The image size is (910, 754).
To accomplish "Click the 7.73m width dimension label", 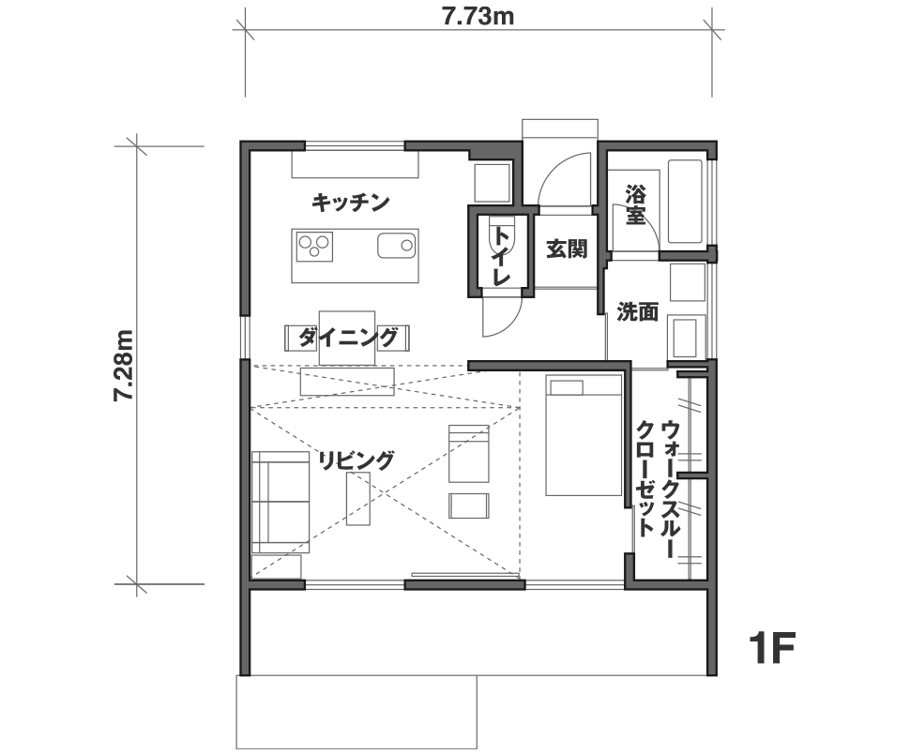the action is tap(478, 17).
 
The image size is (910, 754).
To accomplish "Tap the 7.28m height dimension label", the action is tap(124, 366).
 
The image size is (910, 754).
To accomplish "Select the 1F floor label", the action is tap(771, 648).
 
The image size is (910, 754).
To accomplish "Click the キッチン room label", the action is tap(351, 203).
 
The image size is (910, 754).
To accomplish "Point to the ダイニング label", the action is tap(348, 337).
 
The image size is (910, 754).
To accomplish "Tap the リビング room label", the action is tap(356, 460).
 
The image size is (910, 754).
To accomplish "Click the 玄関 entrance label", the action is tap(567, 249).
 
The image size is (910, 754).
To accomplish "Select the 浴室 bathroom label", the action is tap(635, 204).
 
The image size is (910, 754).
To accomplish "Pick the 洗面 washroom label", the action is tap(637, 312).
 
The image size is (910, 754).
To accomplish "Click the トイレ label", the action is tap(501, 256).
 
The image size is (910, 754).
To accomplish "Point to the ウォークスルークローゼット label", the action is tap(658, 489).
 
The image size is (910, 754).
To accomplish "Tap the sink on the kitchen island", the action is tap(397, 246).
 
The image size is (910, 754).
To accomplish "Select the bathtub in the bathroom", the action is tap(687, 202).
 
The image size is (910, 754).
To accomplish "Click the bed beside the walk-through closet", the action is tap(584, 435).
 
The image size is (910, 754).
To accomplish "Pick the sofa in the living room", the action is tap(281, 503).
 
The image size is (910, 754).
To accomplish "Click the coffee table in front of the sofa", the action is tap(358, 499).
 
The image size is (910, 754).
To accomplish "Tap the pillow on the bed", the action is tap(567, 387).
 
